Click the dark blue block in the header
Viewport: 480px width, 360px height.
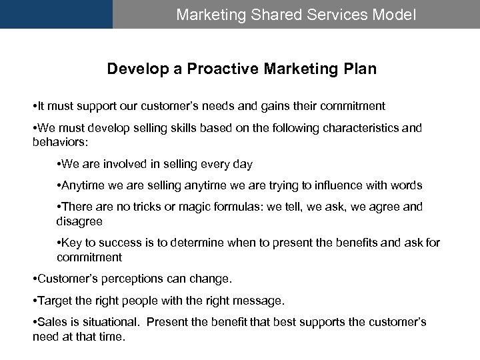click(x=56, y=14)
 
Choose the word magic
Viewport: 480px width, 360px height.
click(x=186, y=207)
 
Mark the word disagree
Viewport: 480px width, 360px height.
click(x=79, y=221)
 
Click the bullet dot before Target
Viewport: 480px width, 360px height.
click(x=35, y=301)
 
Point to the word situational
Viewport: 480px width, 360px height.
click(x=109, y=322)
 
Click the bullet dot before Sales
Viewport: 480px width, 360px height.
click(x=35, y=322)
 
